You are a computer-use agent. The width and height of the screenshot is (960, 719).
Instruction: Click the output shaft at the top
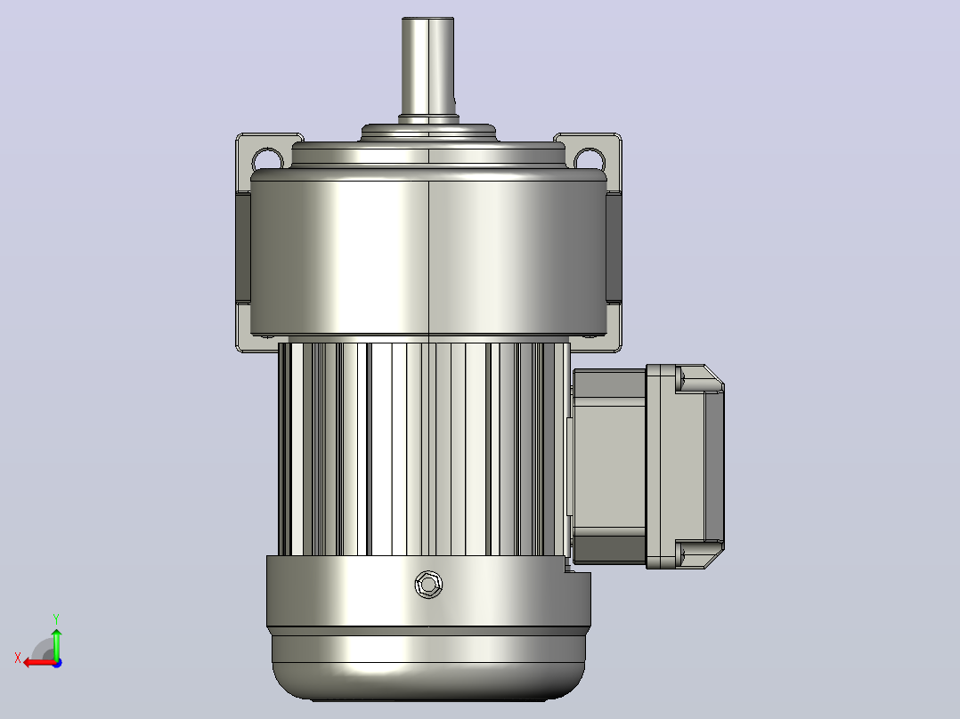tap(428, 68)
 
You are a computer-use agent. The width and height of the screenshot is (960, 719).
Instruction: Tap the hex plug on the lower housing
tap(428, 585)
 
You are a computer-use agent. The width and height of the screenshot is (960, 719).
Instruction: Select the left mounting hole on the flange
tap(267, 158)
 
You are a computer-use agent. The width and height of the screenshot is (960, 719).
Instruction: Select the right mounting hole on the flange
tap(589, 158)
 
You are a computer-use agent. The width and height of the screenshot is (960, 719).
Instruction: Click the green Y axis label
tap(56, 618)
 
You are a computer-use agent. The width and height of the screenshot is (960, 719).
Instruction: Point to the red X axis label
tap(18, 658)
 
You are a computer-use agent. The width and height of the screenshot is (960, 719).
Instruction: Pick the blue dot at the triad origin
tap(58, 663)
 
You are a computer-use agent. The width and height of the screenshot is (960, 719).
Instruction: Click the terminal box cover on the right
tap(685, 466)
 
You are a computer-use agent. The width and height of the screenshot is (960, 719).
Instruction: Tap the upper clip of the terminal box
tap(699, 378)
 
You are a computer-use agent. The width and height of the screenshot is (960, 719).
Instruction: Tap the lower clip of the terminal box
tap(699, 553)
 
